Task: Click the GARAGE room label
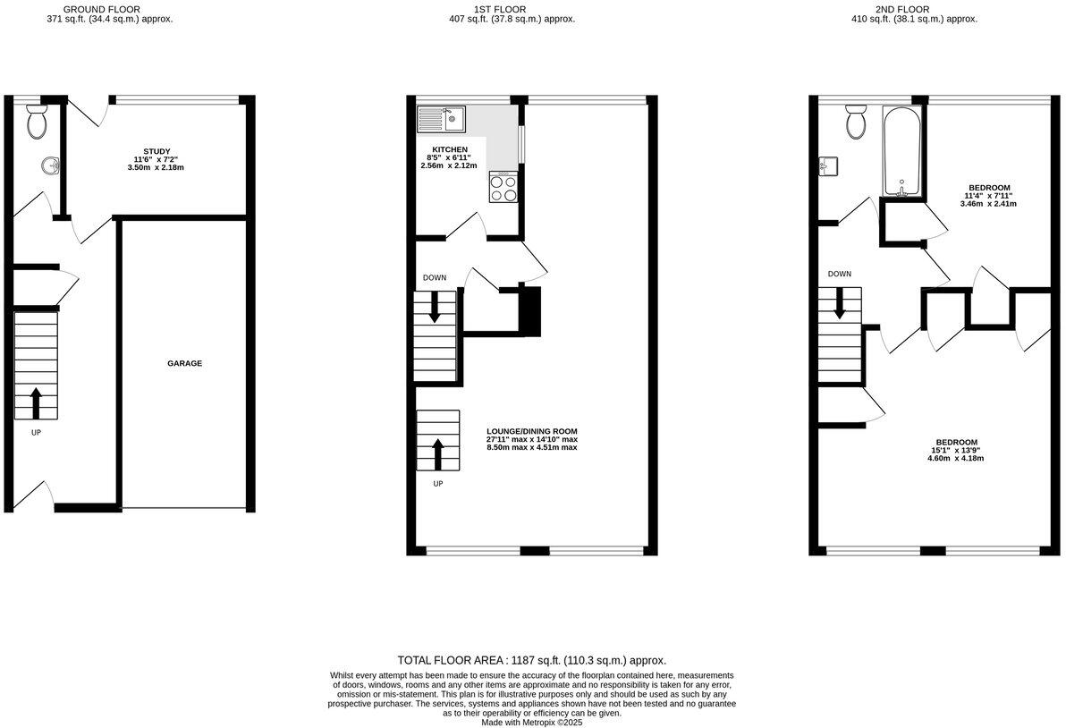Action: point(184,363)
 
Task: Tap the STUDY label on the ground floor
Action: point(157,151)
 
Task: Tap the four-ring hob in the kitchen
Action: point(503,187)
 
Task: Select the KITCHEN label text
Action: point(450,148)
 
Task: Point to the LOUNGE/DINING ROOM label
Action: point(531,430)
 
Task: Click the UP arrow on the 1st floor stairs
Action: point(437,453)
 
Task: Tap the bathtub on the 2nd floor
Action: point(902,151)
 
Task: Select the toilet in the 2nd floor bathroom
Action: point(855,122)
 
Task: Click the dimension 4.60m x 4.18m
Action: point(955,458)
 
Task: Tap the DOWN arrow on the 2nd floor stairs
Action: point(839,304)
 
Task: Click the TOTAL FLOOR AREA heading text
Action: point(532,659)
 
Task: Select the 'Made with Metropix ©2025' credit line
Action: point(532,722)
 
